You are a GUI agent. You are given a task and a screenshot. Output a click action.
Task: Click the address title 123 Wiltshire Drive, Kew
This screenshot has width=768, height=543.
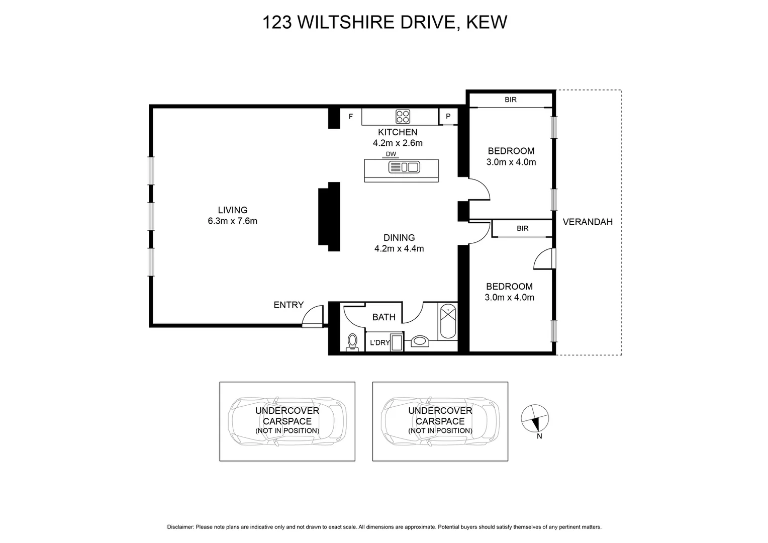tap(385, 23)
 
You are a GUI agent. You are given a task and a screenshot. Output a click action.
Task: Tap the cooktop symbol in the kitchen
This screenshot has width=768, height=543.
tap(403, 117)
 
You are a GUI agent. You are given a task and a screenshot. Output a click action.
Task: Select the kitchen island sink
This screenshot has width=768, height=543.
tap(404, 167)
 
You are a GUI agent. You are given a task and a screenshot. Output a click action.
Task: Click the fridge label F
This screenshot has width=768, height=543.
tap(351, 117)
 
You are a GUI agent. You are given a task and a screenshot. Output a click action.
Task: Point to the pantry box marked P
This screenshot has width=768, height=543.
tap(448, 117)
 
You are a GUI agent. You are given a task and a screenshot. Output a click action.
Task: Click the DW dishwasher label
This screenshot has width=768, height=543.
tap(391, 154)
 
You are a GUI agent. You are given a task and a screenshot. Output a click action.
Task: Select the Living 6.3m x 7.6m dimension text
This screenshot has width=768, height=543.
tap(232, 221)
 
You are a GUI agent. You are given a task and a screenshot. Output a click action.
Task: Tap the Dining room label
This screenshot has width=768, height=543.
tap(399, 238)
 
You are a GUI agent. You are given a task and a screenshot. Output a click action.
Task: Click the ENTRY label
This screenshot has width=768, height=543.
tap(289, 305)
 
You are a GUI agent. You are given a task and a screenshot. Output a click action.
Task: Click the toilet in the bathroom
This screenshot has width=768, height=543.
tap(352, 341)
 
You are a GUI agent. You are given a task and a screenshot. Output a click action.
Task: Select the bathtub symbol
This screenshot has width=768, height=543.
tap(447, 322)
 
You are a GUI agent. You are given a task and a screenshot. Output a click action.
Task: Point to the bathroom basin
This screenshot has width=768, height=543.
tap(419, 342)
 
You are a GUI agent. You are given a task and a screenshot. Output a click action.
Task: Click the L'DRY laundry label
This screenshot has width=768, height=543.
tap(379, 343)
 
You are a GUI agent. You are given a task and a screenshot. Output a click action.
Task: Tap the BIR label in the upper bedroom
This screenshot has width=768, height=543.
tap(511, 100)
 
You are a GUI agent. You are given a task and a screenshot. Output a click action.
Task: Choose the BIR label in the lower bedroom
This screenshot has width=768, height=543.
tap(522, 229)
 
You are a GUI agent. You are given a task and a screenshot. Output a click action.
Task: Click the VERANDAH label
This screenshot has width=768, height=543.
tap(588, 222)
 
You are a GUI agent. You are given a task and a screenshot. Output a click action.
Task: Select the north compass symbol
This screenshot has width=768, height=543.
tap(535, 418)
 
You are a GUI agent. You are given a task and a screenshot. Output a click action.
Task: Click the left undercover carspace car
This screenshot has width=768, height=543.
tap(287, 421)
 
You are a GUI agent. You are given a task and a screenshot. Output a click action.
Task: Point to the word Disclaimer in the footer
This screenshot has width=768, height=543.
tap(180, 527)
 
